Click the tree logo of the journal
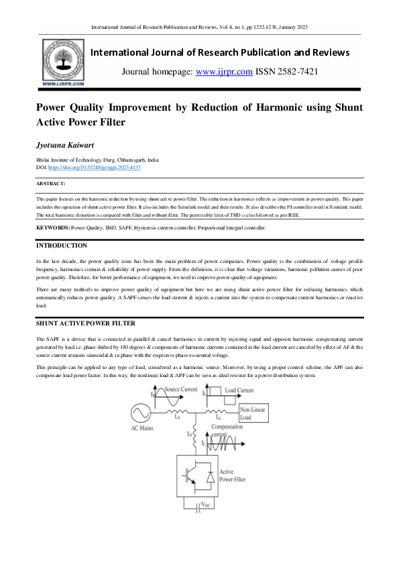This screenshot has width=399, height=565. click(64, 60)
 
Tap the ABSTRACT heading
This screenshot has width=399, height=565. click(51, 183)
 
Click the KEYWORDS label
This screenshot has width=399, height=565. click(54, 228)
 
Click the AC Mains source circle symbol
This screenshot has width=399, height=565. click(143, 412)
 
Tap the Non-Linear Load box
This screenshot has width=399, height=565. click(255, 412)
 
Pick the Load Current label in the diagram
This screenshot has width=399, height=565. click(239, 389)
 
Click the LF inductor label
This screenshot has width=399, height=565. click(188, 434)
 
